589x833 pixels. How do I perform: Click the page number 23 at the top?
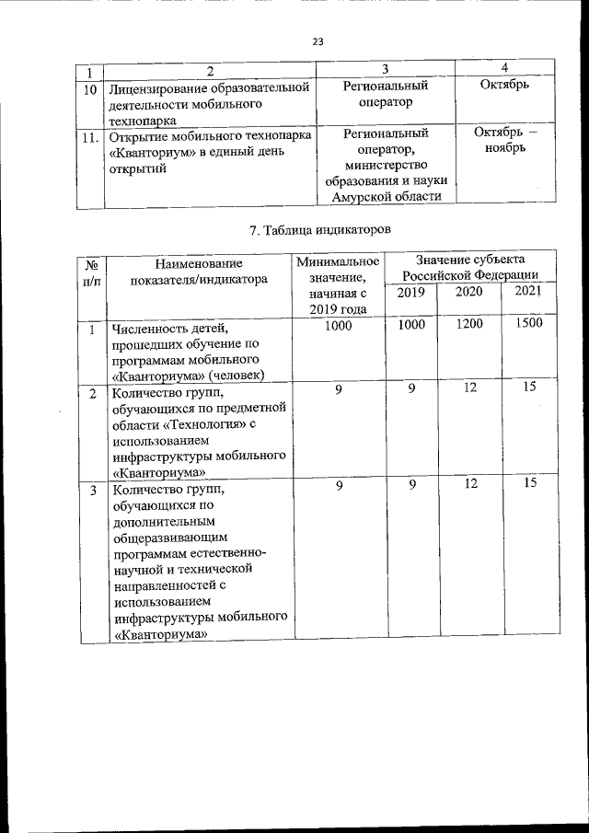[318, 41]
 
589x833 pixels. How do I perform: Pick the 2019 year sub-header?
[411, 292]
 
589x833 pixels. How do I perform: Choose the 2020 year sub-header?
[469, 292]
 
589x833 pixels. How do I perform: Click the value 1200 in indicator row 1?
[469, 324]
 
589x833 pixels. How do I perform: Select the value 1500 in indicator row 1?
[529, 323]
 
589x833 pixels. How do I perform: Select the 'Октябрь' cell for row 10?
[505, 86]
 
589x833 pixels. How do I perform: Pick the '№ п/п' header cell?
[92, 272]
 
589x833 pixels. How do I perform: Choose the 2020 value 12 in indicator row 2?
[469, 388]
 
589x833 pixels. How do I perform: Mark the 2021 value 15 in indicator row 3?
[529, 482]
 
